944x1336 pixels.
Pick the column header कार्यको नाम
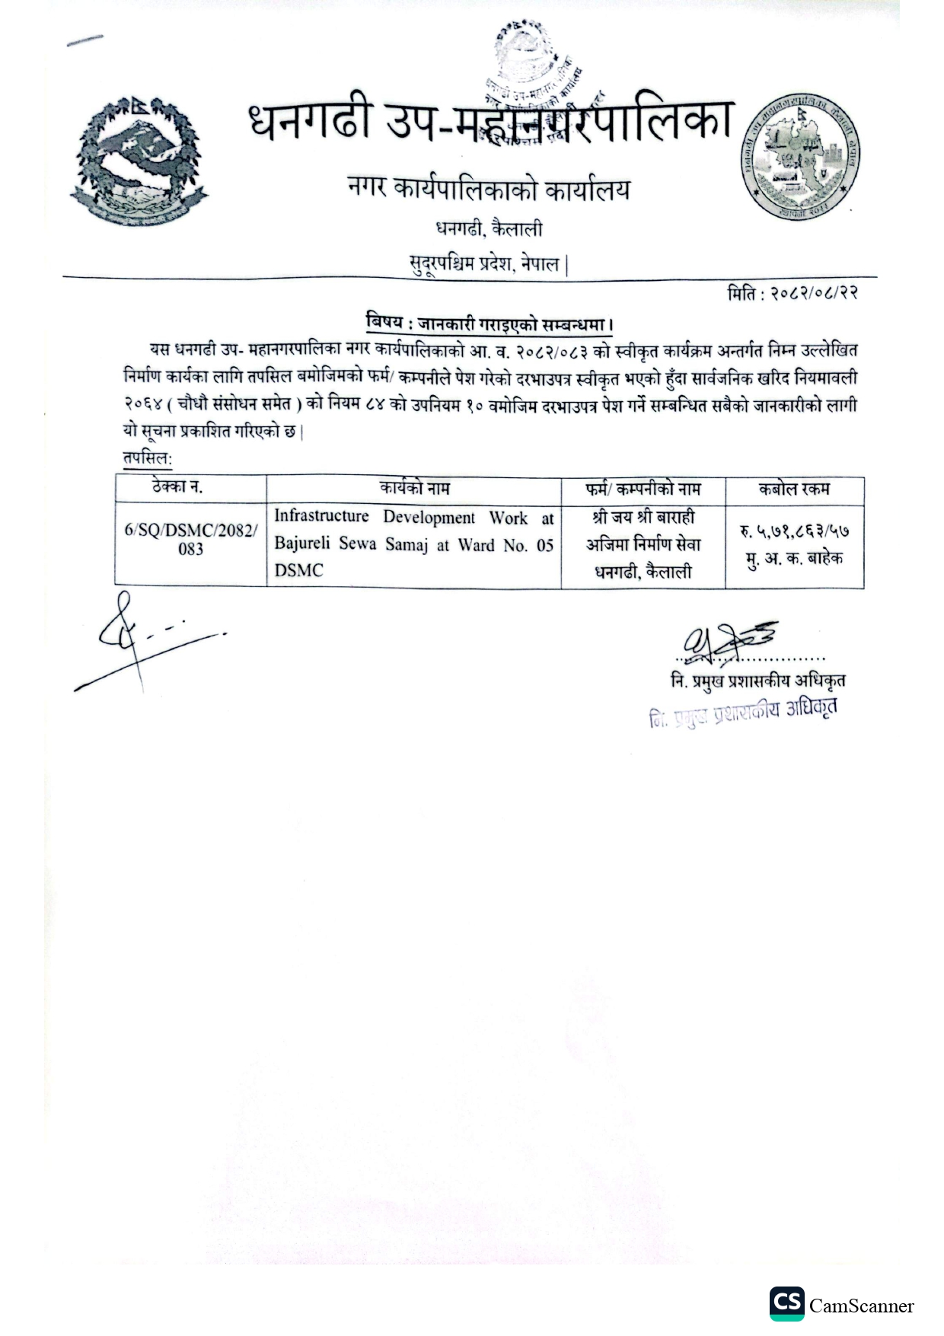(414, 488)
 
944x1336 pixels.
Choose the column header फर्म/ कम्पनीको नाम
(643, 489)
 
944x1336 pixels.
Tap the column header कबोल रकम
(794, 489)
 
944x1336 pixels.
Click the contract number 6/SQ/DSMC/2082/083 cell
(190, 539)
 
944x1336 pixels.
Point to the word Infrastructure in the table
(321, 517)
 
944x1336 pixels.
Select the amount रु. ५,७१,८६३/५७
(795, 531)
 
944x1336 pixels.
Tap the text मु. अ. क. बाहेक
(794, 559)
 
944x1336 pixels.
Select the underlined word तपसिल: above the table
(148, 460)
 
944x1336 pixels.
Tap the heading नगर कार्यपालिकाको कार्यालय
(488, 189)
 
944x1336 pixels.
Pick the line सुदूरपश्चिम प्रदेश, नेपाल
(488, 264)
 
